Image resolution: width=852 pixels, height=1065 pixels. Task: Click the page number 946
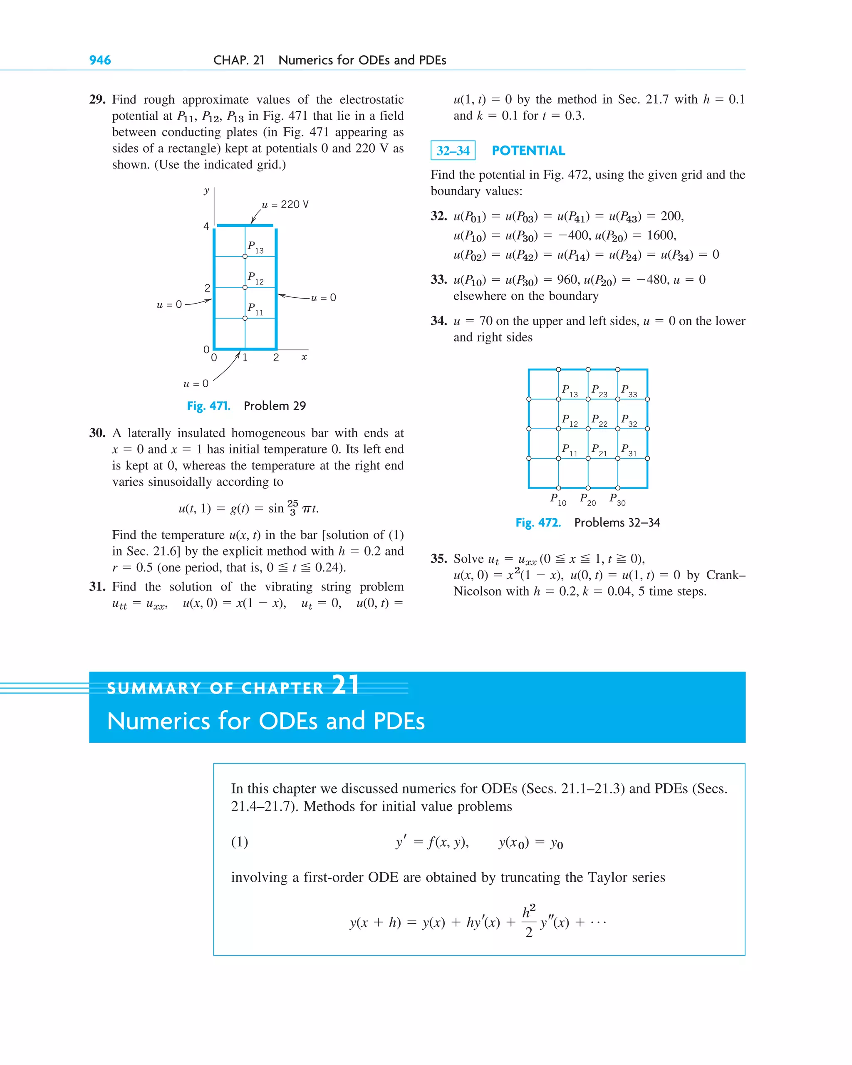(x=100, y=60)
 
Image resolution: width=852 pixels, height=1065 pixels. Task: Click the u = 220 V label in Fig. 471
(x=285, y=205)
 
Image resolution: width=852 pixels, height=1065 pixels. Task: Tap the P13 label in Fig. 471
(x=255, y=247)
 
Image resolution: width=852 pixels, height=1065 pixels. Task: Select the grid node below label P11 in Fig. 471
(x=245, y=318)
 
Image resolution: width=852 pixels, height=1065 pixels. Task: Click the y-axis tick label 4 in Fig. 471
(x=207, y=226)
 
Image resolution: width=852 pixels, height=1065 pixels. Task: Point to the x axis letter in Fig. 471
(x=304, y=357)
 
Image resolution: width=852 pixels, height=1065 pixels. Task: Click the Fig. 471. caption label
(x=208, y=406)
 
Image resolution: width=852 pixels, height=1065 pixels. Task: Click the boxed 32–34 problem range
(x=453, y=151)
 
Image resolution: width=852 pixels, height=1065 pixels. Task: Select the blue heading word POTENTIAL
(x=528, y=151)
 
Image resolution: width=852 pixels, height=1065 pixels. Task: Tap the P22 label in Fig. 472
(x=599, y=420)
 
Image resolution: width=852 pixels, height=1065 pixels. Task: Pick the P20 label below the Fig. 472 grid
(x=587, y=499)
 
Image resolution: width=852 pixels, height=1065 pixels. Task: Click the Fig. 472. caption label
(x=537, y=523)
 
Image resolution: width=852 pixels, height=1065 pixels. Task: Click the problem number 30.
(x=97, y=433)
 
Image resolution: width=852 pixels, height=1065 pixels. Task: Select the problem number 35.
(x=438, y=558)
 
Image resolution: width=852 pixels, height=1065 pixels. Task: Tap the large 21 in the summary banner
(x=345, y=685)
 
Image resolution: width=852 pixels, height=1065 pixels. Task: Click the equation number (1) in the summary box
(x=240, y=842)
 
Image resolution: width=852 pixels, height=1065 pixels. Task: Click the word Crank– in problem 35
(x=726, y=575)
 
